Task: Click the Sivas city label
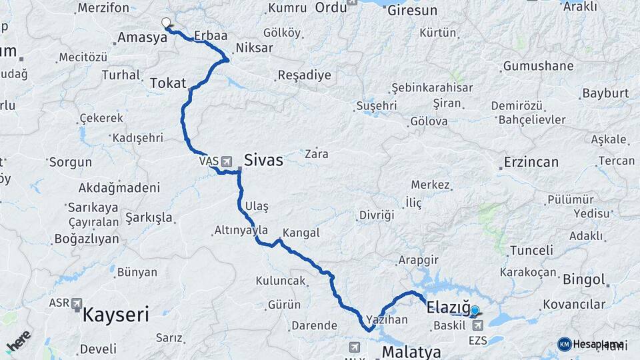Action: [263, 160]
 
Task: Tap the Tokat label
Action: [167, 83]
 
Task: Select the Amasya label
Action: [142, 38]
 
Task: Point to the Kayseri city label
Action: [115, 315]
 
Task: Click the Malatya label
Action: [411, 351]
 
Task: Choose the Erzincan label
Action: [531, 162]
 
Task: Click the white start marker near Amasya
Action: [166, 23]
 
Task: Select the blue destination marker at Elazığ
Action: [475, 311]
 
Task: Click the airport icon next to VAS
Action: [227, 161]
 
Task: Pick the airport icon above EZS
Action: [478, 325]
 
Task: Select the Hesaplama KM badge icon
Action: [564, 344]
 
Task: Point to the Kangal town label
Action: [301, 233]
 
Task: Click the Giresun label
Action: [411, 10]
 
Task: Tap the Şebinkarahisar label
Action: [432, 88]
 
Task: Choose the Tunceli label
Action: [531, 251]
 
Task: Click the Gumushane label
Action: [538, 66]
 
